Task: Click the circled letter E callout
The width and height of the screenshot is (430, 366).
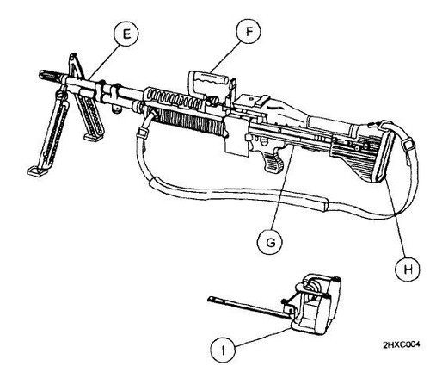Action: pos(128,37)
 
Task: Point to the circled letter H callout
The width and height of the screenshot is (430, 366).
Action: pos(402,267)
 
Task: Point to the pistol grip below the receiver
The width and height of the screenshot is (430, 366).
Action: pos(273,161)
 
